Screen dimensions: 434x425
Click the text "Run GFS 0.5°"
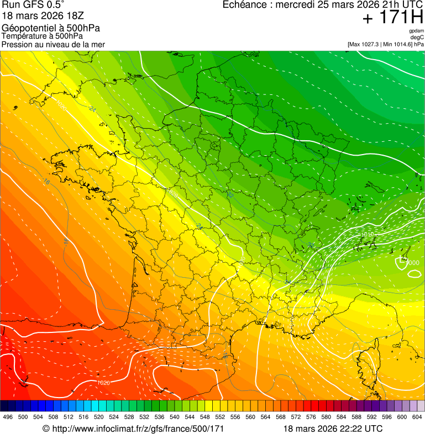pyautogui.click(x=33, y=5)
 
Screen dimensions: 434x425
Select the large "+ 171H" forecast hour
pyautogui.click(x=393, y=18)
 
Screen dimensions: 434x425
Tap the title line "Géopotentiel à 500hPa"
pyautogui.click(x=51, y=28)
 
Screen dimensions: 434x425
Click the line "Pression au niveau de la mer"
pyautogui.click(x=53, y=44)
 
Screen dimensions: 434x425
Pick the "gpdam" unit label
pyautogui.click(x=417, y=31)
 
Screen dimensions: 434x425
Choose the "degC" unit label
pyautogui.click(x=418, y=37)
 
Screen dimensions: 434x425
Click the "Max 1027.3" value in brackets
pyautogui.click(x=366, y=44)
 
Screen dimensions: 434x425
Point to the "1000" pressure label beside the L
pyautogui.click(x=412, y=262)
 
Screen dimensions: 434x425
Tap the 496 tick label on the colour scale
pyautogui.click(x=8, y=417)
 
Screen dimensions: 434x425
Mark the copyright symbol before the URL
pyautogui.click(x=46, y=428)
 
